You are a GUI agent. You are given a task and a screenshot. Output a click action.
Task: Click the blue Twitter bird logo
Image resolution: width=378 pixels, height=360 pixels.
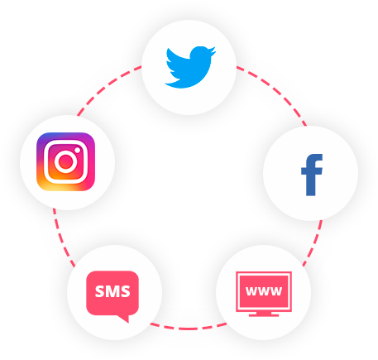click(x=190, y=67)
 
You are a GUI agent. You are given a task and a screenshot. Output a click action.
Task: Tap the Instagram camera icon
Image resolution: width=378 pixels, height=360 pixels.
click(x=65, y=161)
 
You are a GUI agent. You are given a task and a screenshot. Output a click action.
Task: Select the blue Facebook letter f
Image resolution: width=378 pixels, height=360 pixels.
click(x=312, y=175)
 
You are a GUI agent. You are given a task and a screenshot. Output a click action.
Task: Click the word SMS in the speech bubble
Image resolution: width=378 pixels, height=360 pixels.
click(x=112, y=291)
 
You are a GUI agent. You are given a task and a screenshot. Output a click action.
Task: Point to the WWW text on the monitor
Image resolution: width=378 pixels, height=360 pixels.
click(x=264, y=291)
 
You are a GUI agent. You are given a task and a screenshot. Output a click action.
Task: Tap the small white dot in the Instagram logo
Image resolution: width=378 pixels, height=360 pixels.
click(x=78, y=151)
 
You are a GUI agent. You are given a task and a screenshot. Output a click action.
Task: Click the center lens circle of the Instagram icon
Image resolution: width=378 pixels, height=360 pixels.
click(x=65, y=161)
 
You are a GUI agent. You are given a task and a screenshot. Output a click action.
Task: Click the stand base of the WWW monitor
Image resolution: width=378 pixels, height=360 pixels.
click(x=264, y=314)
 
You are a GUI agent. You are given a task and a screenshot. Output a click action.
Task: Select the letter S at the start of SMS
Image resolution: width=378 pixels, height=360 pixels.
click(x=100, y=291)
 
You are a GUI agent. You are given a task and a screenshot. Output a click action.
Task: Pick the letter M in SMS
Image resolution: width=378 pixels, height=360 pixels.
click(x=112, y=291)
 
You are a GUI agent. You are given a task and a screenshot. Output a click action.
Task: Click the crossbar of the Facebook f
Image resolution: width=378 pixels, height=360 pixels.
click(x=312, y=171)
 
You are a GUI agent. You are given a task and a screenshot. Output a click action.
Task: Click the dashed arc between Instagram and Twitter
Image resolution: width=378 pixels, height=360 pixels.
click(x=106, y=86)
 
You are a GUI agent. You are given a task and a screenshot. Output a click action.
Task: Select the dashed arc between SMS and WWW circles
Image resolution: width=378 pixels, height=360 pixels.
click(x=189, y=329)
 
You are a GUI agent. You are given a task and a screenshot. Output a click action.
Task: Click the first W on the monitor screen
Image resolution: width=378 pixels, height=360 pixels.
click(x=251, y=291)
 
